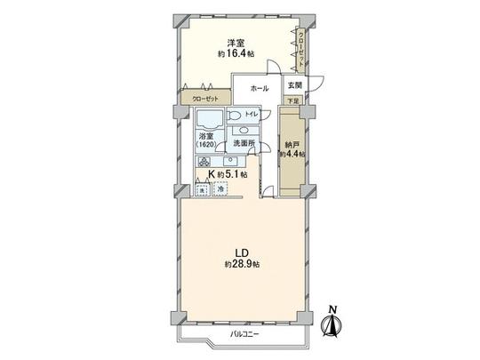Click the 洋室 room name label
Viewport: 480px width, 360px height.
[234, 42]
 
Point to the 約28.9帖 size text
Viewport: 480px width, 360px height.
[241, 266]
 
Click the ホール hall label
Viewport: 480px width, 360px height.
[259, 89]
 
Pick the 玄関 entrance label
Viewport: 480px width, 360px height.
[294, 84]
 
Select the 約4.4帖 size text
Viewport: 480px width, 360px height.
[292, 154]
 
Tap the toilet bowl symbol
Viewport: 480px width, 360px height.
[234, 116]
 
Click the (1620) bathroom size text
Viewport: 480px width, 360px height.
[205, 145]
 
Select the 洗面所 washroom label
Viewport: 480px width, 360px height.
[244, 143]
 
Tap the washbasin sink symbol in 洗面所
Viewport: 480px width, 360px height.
[243, 130]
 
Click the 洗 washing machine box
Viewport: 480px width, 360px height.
[203, 189]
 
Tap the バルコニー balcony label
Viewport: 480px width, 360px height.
[244, 333]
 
